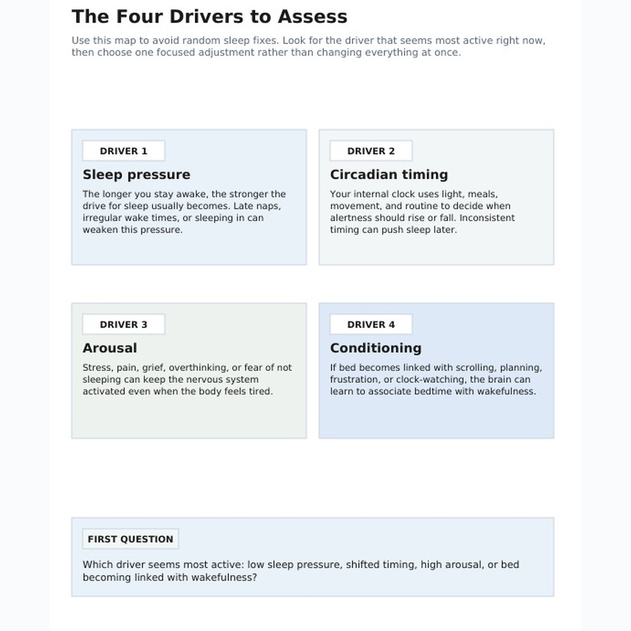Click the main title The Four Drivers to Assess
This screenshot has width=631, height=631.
tap(209, 17)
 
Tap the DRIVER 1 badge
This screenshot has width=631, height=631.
tap(123, 151)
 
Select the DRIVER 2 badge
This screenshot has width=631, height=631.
tap(371, 151)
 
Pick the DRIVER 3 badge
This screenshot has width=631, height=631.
tap(123, 325)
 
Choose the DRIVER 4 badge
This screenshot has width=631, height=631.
tap(371, 325)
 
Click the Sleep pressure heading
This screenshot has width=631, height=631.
tap(137, 175)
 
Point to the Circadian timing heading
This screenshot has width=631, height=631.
tap(388, 175)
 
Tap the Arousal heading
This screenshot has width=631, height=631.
tap(110, 348)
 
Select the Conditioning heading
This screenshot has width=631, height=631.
tap(376, 348)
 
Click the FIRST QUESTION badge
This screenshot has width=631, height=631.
tap(130, 539)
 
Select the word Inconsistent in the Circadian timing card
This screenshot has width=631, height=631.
tap(487, 218)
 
